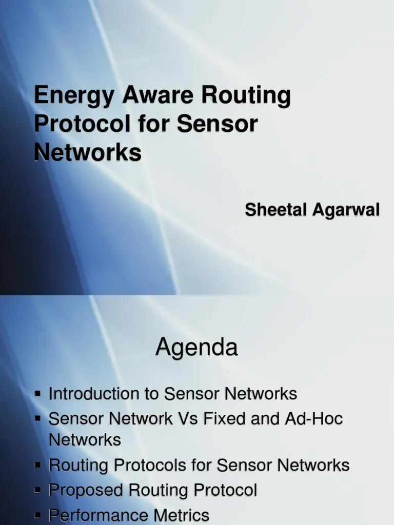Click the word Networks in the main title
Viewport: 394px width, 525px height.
pyautogui.click(x=87, y=152)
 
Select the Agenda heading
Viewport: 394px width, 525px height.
pyautogui.click(x=197, y=348)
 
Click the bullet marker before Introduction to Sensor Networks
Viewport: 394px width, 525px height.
pyautogui.click(x=38, y=393)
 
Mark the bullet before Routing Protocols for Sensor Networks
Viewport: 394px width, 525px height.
pyautogui.click(x=38, y=465)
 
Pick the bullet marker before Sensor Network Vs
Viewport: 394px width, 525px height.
pyautogui.click(x=38, y=418)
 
